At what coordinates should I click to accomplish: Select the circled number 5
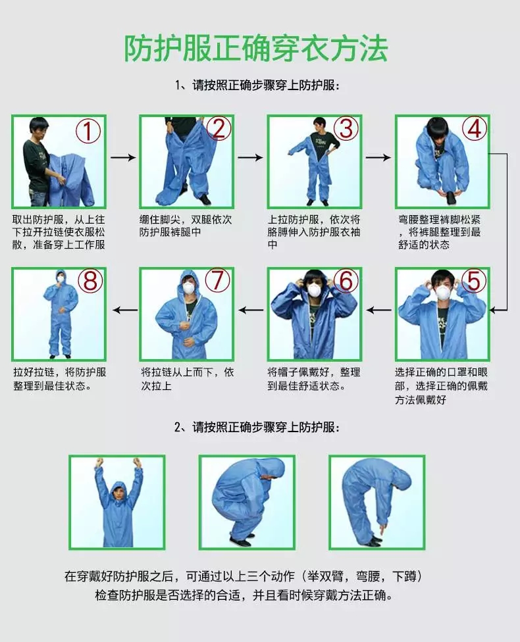coord(473,281)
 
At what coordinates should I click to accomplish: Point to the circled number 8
coord(90,281)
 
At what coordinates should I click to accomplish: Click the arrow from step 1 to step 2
coord(122,158)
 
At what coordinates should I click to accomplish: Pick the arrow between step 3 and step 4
coord(378,158)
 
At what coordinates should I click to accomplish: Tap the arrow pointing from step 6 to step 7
coord(249,309)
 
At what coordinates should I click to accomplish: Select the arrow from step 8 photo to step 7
coord(122,309)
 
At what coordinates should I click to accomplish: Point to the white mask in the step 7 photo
coord(189,288)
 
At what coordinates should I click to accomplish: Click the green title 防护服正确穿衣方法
coord(257,47)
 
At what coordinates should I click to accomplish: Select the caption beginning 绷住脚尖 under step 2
coord(186,226)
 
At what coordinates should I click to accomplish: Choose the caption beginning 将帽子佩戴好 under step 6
coord(313,378)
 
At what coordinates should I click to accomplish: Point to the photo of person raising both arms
coord(117,502)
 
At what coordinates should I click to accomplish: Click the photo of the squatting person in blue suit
coord(247,502)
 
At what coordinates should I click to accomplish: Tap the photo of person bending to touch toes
coord(377,502)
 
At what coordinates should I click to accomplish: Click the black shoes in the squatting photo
coord(241,541)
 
